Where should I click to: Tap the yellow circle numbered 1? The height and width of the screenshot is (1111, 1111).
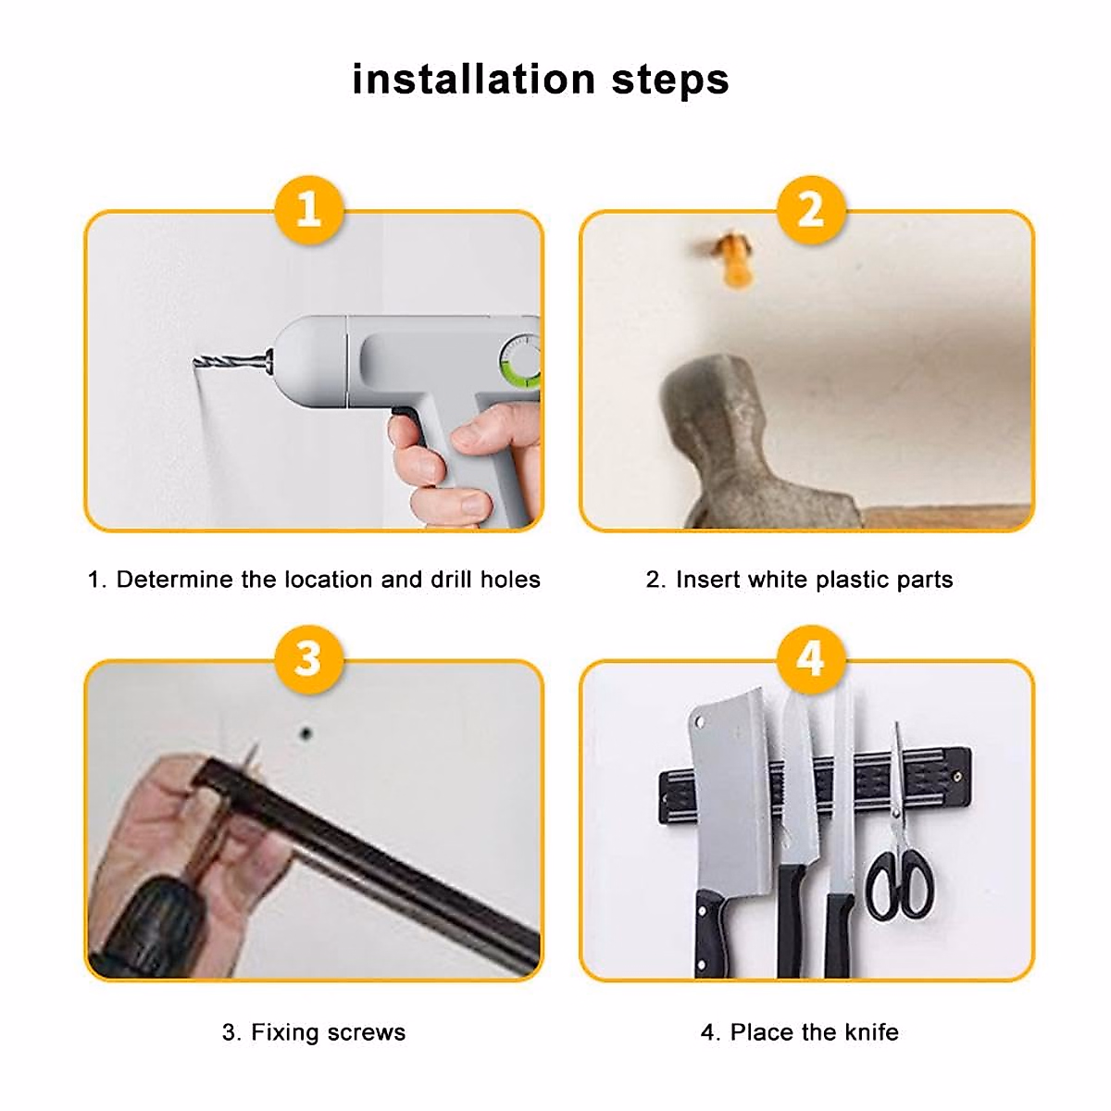(x=309, y=209)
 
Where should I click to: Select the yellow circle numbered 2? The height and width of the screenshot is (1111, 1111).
(x=811, y=209)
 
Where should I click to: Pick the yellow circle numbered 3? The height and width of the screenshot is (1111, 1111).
(x=309, y=658)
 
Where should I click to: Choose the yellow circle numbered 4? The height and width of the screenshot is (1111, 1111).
(x=811, y=658)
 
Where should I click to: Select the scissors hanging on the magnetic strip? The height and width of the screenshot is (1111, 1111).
(x=898, y=852)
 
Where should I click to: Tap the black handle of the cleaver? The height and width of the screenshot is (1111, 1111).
(x=713, y=935)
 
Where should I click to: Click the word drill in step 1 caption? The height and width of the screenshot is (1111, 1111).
(x=451, y=580)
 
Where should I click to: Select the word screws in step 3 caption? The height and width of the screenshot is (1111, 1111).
(x=366, y=1032)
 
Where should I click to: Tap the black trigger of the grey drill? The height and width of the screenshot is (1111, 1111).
(x=404, y=413)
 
